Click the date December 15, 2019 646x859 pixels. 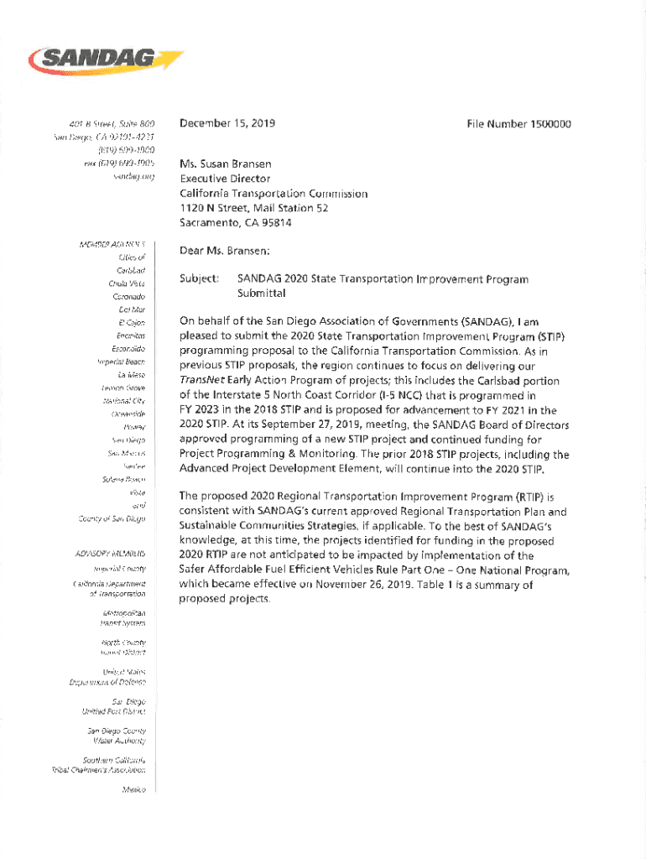point(227,124)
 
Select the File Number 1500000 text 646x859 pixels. point(518,124)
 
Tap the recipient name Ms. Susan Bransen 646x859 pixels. point(225,164)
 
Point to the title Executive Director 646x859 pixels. point(225,179)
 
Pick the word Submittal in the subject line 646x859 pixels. point(262,293)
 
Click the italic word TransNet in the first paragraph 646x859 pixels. point(201,380)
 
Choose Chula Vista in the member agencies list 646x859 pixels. point(129,284)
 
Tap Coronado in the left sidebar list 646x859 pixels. point(130,297)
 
